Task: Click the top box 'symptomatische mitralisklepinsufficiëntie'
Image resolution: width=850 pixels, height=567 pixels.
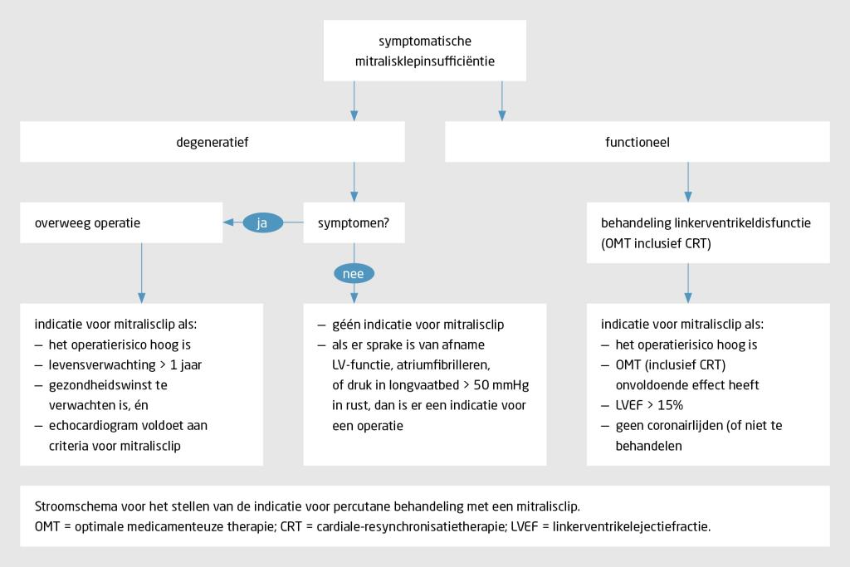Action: [x=425, y=50]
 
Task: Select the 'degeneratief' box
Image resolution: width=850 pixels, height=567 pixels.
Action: [x=212, y=142]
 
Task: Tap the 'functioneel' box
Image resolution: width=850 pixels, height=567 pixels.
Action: [x=637, y=142]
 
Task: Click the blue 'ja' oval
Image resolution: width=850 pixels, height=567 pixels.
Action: [x=262, y=222]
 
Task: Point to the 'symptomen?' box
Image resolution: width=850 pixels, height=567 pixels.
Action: [x=354, y=222]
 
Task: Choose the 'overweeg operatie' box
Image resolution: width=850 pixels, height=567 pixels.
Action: [x=123, y=222]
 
